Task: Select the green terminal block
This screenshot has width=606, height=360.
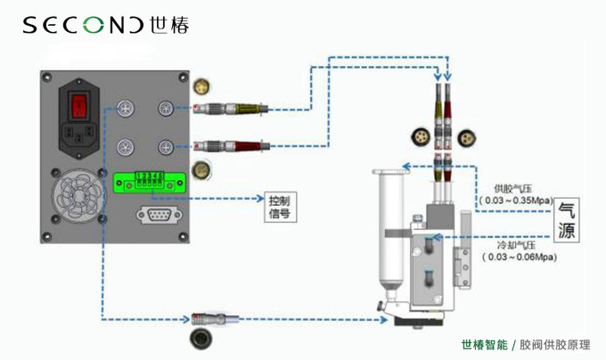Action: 146,182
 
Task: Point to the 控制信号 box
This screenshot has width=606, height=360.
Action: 279,206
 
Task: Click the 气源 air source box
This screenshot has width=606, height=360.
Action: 566,219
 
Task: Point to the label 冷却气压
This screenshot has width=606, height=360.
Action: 516,244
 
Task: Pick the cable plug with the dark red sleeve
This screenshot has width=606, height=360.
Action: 233,145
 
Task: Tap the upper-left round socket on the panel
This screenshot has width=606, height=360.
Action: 126,109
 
